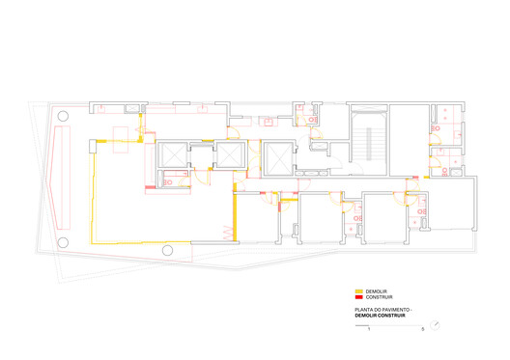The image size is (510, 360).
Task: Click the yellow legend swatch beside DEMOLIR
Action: point(358,291)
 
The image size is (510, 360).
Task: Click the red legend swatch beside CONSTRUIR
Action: point(358,297)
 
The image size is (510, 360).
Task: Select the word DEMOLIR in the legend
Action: point(377,291)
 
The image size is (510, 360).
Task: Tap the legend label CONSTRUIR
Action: point(379,297)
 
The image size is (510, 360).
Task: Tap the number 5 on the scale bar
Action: point(423,329)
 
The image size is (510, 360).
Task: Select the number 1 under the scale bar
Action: point(369,329)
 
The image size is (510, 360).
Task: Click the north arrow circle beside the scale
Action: point(435,325)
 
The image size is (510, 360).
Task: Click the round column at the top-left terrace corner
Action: point(63,116)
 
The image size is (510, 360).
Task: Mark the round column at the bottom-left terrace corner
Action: point(63,242)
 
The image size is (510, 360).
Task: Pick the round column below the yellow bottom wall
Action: point(167,250)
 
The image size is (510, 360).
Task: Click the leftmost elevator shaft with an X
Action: point(173,154)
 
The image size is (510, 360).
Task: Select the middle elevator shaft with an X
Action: point(230,154)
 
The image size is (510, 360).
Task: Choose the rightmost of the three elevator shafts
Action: point(278,159)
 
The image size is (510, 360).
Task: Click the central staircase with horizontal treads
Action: point(369,143)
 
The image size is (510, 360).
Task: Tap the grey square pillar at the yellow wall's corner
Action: point(93,146)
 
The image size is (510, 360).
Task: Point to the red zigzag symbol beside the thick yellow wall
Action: point(228,233)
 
